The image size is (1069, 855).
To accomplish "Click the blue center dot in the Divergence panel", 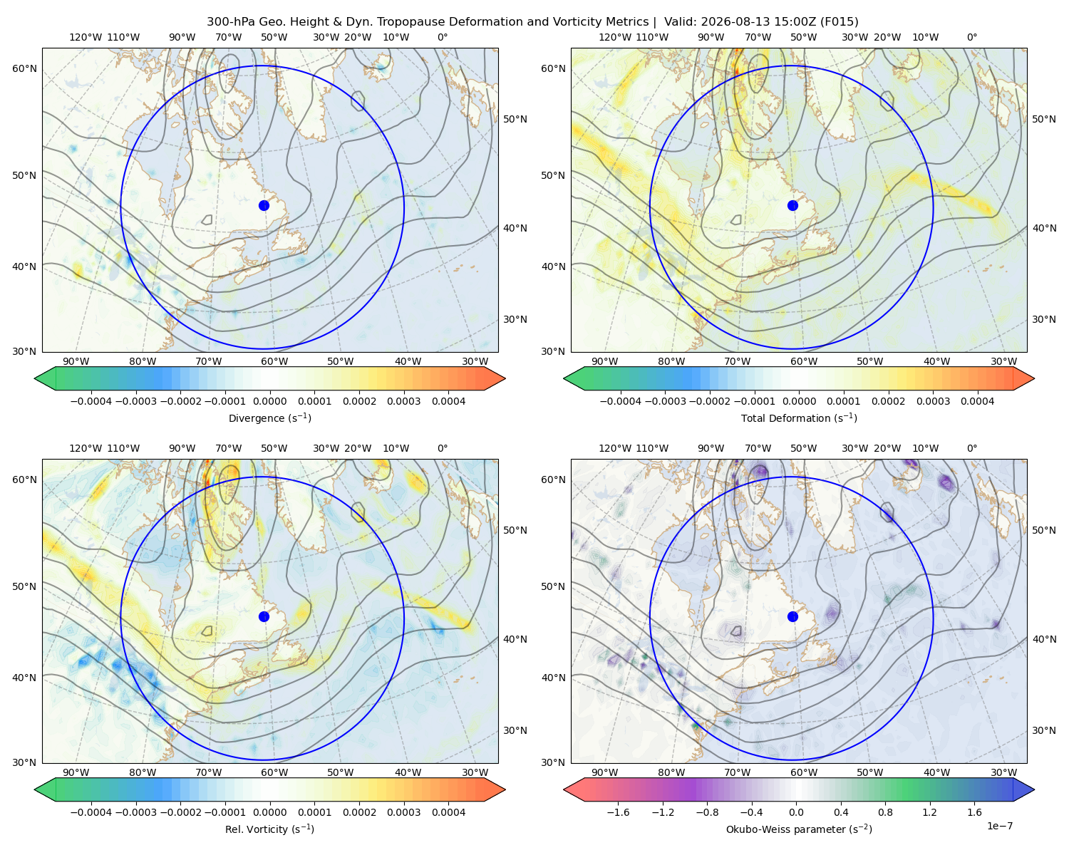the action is coord(264,206).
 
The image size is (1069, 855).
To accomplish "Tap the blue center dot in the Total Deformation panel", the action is coord(792,206).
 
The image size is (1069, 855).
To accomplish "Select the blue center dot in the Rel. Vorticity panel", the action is coord(264,616).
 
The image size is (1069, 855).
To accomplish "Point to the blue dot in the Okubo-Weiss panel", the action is coord(792,616).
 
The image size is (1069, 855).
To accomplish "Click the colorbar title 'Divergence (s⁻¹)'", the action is coord(269,418).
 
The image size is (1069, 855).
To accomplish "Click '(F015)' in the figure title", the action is coord(839,22).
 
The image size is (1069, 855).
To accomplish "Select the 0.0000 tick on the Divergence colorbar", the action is coord(269,401).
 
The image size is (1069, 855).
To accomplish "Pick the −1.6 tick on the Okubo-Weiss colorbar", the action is coord(618,812).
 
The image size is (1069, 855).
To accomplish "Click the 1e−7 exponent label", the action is coord(999,826).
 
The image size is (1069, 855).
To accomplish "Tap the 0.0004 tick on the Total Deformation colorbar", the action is coord(977,401).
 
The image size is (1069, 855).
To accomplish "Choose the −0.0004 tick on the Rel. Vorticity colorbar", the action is coord(91,812).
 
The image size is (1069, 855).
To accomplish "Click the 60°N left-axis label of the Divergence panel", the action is coord(24,68).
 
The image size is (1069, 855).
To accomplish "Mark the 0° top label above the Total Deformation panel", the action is coord(971,37).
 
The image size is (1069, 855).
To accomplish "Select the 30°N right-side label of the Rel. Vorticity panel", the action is coord(515,730).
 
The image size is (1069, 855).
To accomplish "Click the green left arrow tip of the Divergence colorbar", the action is coord(35,379).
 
